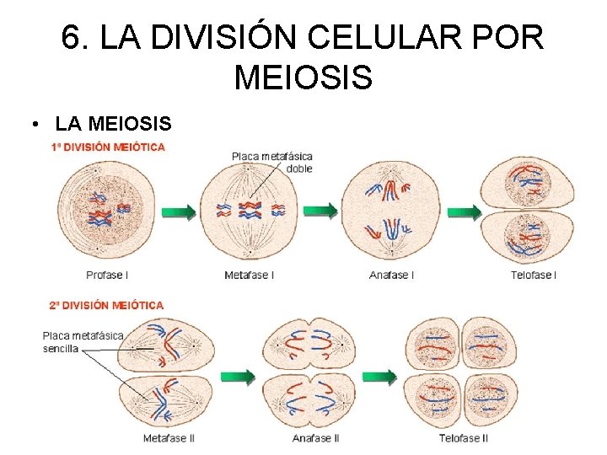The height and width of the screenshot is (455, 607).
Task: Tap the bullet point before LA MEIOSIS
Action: click(32, 125)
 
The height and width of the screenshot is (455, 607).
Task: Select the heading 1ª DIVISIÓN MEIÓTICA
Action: click(108, 147)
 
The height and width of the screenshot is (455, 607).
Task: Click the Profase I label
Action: click(107, 275)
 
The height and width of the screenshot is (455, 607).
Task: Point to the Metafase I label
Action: click(249, 275)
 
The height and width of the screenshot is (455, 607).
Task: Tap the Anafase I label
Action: click(391, 275)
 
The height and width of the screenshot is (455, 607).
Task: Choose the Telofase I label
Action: click(534, 275)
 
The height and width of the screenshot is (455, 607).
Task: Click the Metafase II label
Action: click(169, 438)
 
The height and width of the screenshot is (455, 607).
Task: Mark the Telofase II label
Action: click(464, 438)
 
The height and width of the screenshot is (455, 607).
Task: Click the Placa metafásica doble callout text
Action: click(271, 162)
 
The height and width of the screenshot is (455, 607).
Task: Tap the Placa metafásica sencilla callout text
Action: click(83, 341)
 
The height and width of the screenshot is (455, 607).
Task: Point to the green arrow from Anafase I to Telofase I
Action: click(463, 211)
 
